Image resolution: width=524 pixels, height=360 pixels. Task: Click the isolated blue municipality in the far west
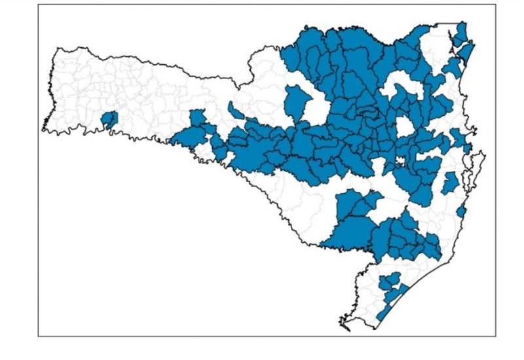(x=109, y=119)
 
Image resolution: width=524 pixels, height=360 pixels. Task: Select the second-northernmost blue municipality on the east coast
(x=466, y=51)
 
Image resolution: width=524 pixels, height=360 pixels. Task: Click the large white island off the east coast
(x=476, y=169)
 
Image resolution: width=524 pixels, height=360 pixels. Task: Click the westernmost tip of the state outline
(x=43, y=128)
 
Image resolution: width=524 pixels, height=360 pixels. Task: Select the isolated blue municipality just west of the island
(x=449, y=183)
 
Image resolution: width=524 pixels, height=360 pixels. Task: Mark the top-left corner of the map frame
(x=38, y=5)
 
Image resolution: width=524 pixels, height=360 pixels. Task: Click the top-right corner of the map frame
(x=496, y=5)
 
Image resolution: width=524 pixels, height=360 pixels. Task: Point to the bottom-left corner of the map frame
(x=38, y=336)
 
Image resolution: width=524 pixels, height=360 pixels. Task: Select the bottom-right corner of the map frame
(x=496, y=336)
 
